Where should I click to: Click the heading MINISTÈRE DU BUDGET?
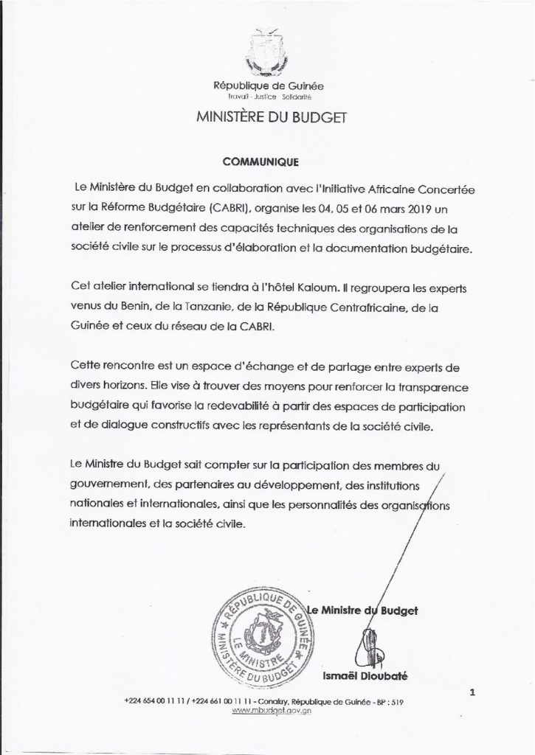(x=267, y=116)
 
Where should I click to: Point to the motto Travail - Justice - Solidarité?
(x=267, y=97)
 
